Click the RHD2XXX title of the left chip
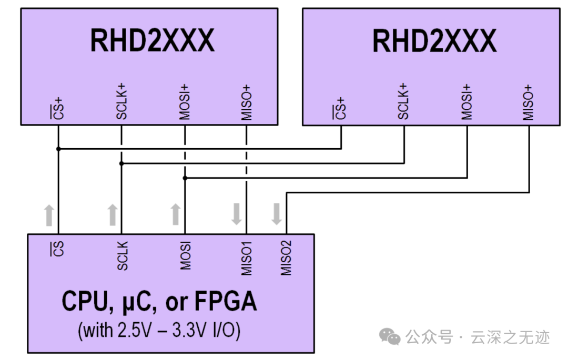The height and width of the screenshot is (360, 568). pyautogui.click(x=153, y=40)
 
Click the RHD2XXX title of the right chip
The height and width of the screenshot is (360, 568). pyautogui.click(x=434, y=40)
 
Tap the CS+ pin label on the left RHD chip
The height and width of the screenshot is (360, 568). pyautogui.click(x=59, y=108)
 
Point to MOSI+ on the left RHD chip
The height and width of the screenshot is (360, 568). pyautogui.click(x=185, y=101)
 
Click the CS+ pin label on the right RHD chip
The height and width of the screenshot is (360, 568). pyautogui.click(x=341, y=108)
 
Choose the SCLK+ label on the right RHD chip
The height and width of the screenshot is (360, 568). pyautogui.click(x=403, y=101)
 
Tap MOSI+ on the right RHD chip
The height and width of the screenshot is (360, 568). pyautogui.click(x=466, y=101)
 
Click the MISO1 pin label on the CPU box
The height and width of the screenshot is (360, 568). pyautogui.click(x=247, y=259)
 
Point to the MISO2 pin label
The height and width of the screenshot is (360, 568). pyautogui.click(x=286, y=259)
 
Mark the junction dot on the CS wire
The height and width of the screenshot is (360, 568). pyautogui.click(x=59, y=149)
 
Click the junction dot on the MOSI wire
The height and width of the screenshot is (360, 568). pyautogui.click(x=185, y=178)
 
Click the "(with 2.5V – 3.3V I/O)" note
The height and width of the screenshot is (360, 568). pyautogui.click(x=159, y=331)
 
